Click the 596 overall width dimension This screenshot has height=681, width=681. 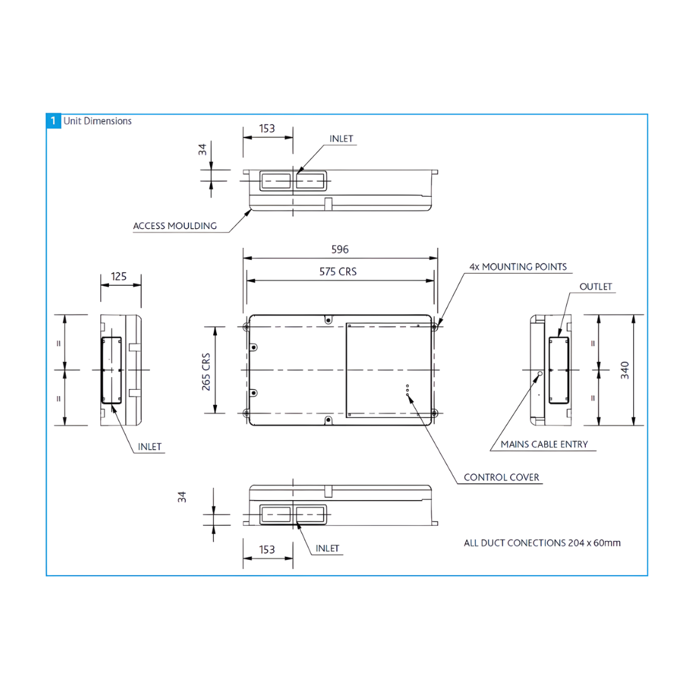[340, 250]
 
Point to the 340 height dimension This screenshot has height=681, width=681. [624, 370]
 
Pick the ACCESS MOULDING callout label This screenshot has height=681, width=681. [175, 226]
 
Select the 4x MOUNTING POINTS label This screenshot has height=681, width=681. [518, 267]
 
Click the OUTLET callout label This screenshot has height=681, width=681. [596, 287]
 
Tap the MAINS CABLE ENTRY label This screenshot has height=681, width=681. [544, 445]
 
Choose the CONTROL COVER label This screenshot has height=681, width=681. [501, 477]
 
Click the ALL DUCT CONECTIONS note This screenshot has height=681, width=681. [542, 542]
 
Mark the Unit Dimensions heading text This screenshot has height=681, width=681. [98, 120]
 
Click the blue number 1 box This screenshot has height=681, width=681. [54, 120]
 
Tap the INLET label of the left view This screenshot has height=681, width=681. [150, 447]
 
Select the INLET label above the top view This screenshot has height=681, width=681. [341, 139]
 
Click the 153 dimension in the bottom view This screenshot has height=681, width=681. [267, 550]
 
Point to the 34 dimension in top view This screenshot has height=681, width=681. [202, 149]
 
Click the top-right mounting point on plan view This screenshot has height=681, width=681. [435, 327]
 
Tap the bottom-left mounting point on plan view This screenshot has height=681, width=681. [246, 413]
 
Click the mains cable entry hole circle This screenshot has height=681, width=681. [539, 374]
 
